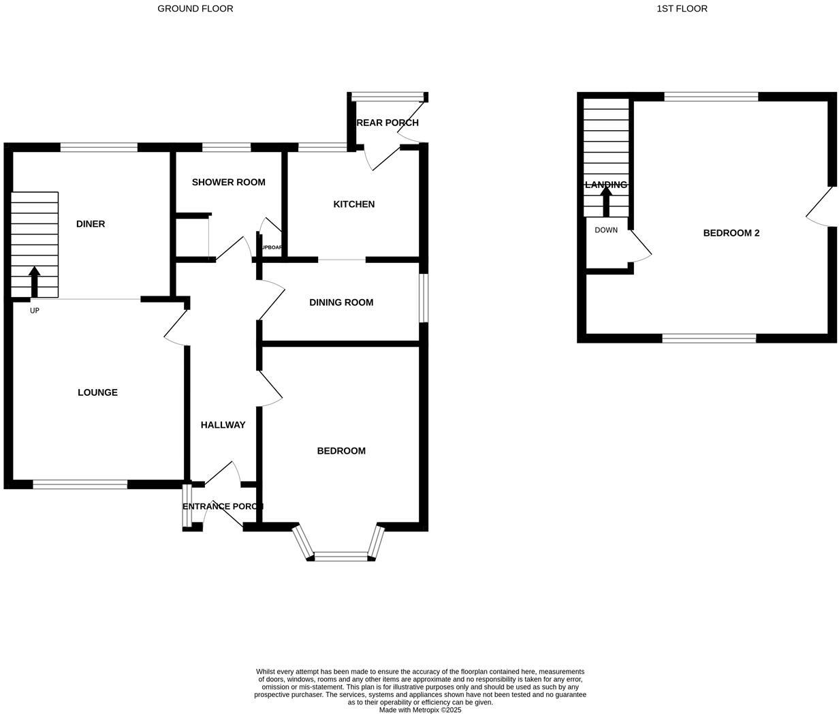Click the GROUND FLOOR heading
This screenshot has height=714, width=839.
tap(195, 9)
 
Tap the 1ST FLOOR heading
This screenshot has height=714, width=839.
tap(682, 9)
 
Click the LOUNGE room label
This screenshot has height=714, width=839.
tap(97, 392)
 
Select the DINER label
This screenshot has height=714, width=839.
tap(91, 224)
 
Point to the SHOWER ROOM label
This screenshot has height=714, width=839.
tap(228, 182)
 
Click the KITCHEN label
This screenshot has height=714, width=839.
tap(353, 204)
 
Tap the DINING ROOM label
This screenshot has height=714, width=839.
tap(341, 302)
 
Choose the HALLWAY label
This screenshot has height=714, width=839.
tap(223, 425)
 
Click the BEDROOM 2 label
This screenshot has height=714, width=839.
tap(731, 233)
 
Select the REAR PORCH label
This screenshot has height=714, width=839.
tap(387, 123)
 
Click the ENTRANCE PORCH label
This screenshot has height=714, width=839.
tap(223, 506)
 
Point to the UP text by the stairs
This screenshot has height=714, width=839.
tap(35, 311)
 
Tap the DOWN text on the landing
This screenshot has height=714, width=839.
tap(606, 230)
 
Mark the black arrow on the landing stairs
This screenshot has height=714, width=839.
tap(605, 201)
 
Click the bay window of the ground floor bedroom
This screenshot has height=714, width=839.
tap(341, 557)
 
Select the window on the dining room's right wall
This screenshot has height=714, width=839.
tap(423, 298)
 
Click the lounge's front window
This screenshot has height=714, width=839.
tap(80, 484)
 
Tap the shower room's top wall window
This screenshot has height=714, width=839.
tap(226, 146)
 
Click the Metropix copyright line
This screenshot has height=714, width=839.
tap(420, 710)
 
